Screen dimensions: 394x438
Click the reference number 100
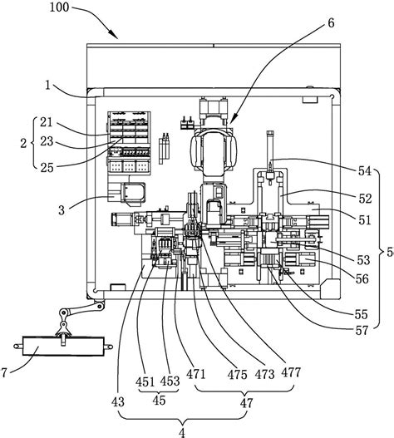pyautogui.click(x=59, y=7)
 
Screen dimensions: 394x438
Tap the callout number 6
pyautogui.click(x=331, y=23)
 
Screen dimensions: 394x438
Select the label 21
pyautogui.click(x=46, y=122)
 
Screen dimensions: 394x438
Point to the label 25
pyautogui.click(x=47, y=168)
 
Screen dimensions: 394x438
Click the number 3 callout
pyautogui.click(x=62, y=210)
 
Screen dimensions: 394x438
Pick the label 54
pyautogui.click(x=365, y=171)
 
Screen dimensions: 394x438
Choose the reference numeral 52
pyautogui.click(x=366, y=199)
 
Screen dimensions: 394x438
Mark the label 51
pyautogui.click(x=364, y=220)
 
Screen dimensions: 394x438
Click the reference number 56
pyautogui.click(x=362, y=278)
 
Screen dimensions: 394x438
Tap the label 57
pyautogui.click(x=362, y=331)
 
